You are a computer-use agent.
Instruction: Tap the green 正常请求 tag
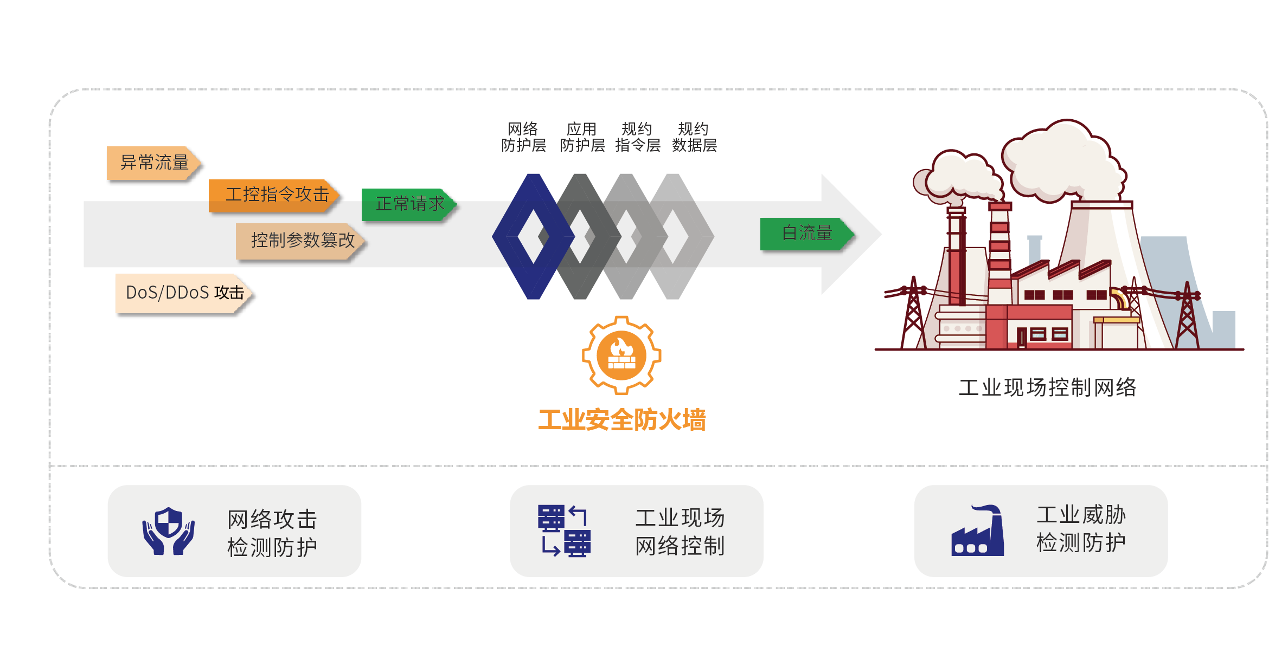tap(409, 204)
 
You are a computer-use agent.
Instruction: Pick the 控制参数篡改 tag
tap(301, 240)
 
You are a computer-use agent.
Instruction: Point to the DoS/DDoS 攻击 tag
tap(185, 293)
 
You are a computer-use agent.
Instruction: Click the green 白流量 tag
tap(806, 234)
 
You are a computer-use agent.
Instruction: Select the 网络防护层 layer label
tap(523, 137)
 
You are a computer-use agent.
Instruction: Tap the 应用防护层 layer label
tap(582, 137)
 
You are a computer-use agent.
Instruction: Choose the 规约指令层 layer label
tap(638, 137)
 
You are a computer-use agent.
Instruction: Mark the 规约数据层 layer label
tap(694, 137)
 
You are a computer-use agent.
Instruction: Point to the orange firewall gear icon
tap(621, 355)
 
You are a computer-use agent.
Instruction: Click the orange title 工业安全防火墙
tap(621, 420)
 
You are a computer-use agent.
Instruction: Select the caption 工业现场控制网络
tap(1047, 387)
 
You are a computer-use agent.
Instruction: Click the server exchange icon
tap(564, 531)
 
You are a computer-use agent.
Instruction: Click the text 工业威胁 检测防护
tap(1081, 529)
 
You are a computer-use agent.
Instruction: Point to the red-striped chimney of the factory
tap(999, 255)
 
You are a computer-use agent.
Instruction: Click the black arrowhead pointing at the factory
tap(849, 234)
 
